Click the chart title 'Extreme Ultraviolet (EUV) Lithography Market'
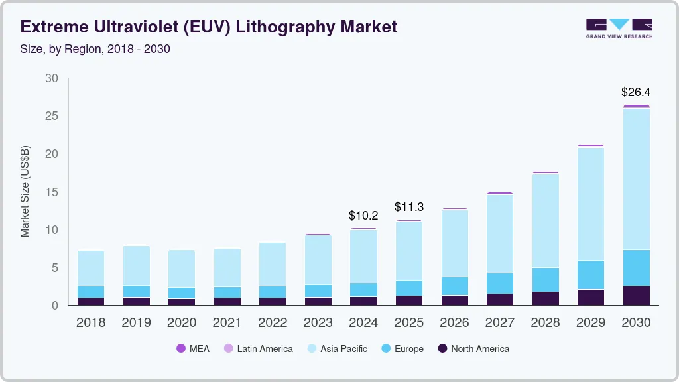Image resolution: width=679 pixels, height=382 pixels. (x=209, y=27)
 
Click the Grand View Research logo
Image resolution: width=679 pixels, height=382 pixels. (x=619, y=28)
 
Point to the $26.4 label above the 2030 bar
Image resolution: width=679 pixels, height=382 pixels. (x=636, y=92)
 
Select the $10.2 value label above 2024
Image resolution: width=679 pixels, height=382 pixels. (x=363, y=216)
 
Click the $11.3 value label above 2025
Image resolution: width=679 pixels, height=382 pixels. (x=408, y=207)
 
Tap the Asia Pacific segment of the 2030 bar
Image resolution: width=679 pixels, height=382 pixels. (x=636, y=179)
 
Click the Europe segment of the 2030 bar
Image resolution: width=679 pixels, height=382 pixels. (x=636, y=268)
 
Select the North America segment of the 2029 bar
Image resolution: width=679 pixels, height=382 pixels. (x=591, y=297)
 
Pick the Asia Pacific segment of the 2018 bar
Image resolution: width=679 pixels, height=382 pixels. (x=91, y=269)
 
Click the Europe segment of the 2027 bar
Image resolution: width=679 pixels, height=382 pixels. (x=500, y=284)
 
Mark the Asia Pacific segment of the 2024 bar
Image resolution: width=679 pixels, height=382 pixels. (x=363, y=257)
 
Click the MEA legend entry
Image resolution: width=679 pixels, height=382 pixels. (x=192, y=349)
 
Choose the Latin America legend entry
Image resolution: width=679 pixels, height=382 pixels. (x=258, y=349)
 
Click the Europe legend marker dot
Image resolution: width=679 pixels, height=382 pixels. (x=385, y=349)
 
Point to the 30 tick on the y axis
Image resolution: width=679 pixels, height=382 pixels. (x=52, y=78)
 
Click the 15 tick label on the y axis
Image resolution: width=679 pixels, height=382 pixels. (x=52, y=192)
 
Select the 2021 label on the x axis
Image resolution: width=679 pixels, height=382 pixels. (x=227, y=323)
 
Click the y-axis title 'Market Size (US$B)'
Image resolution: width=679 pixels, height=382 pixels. (x=25, y=192)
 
